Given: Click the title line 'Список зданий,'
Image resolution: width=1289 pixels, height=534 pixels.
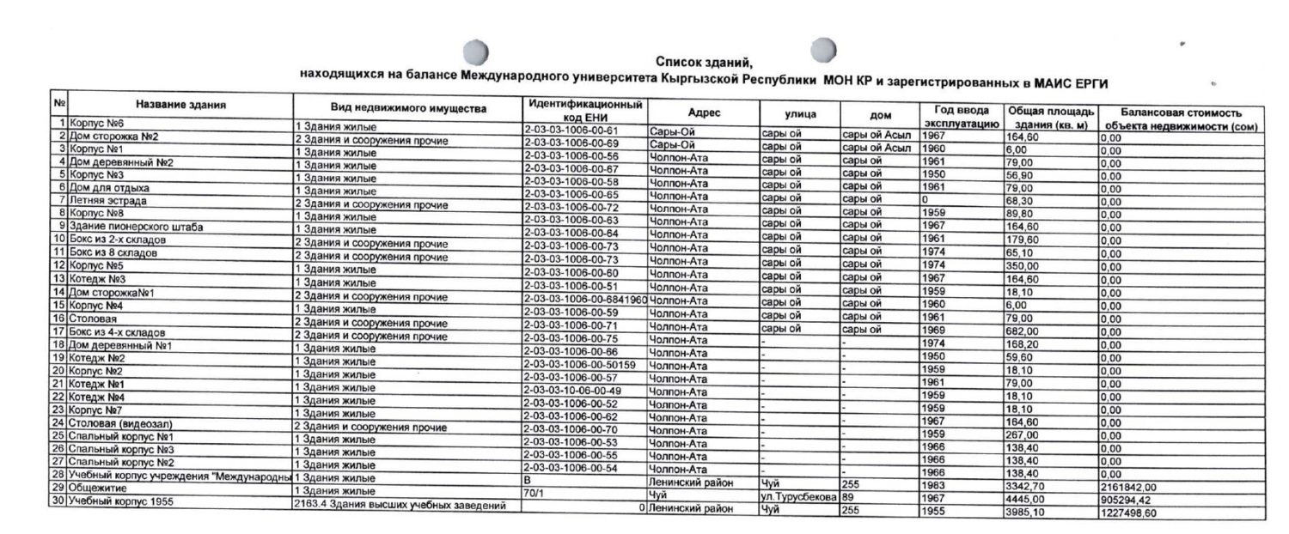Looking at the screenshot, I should tap(703, 63).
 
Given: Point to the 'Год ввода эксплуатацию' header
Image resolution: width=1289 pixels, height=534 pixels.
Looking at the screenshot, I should tap(958, 117).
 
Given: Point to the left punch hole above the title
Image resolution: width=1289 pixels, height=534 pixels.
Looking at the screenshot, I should tap(475, 52).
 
